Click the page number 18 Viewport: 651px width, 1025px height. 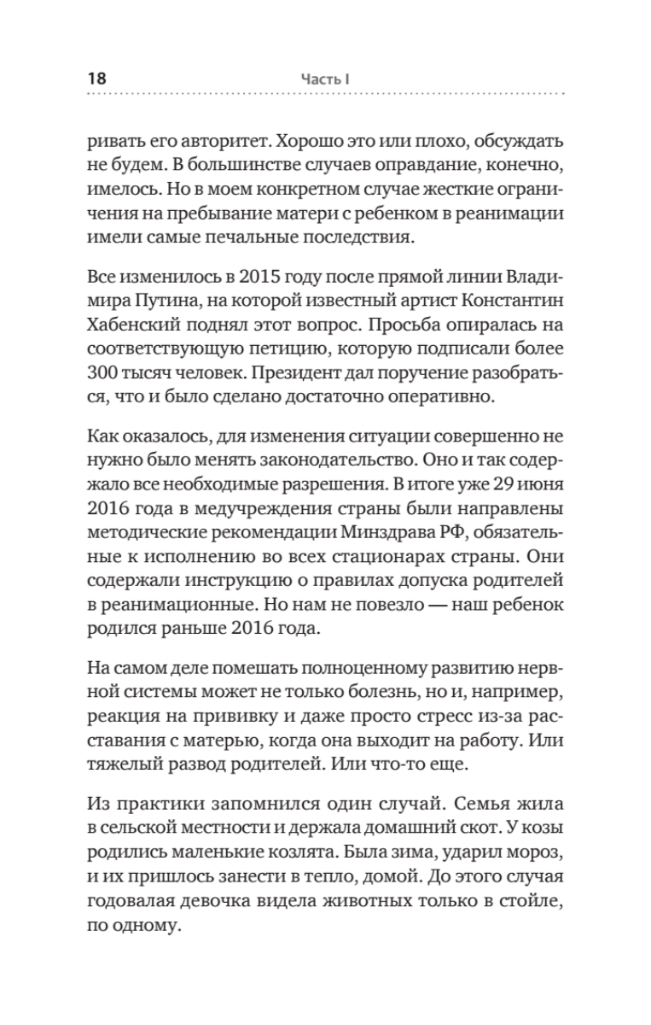point(96,78)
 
